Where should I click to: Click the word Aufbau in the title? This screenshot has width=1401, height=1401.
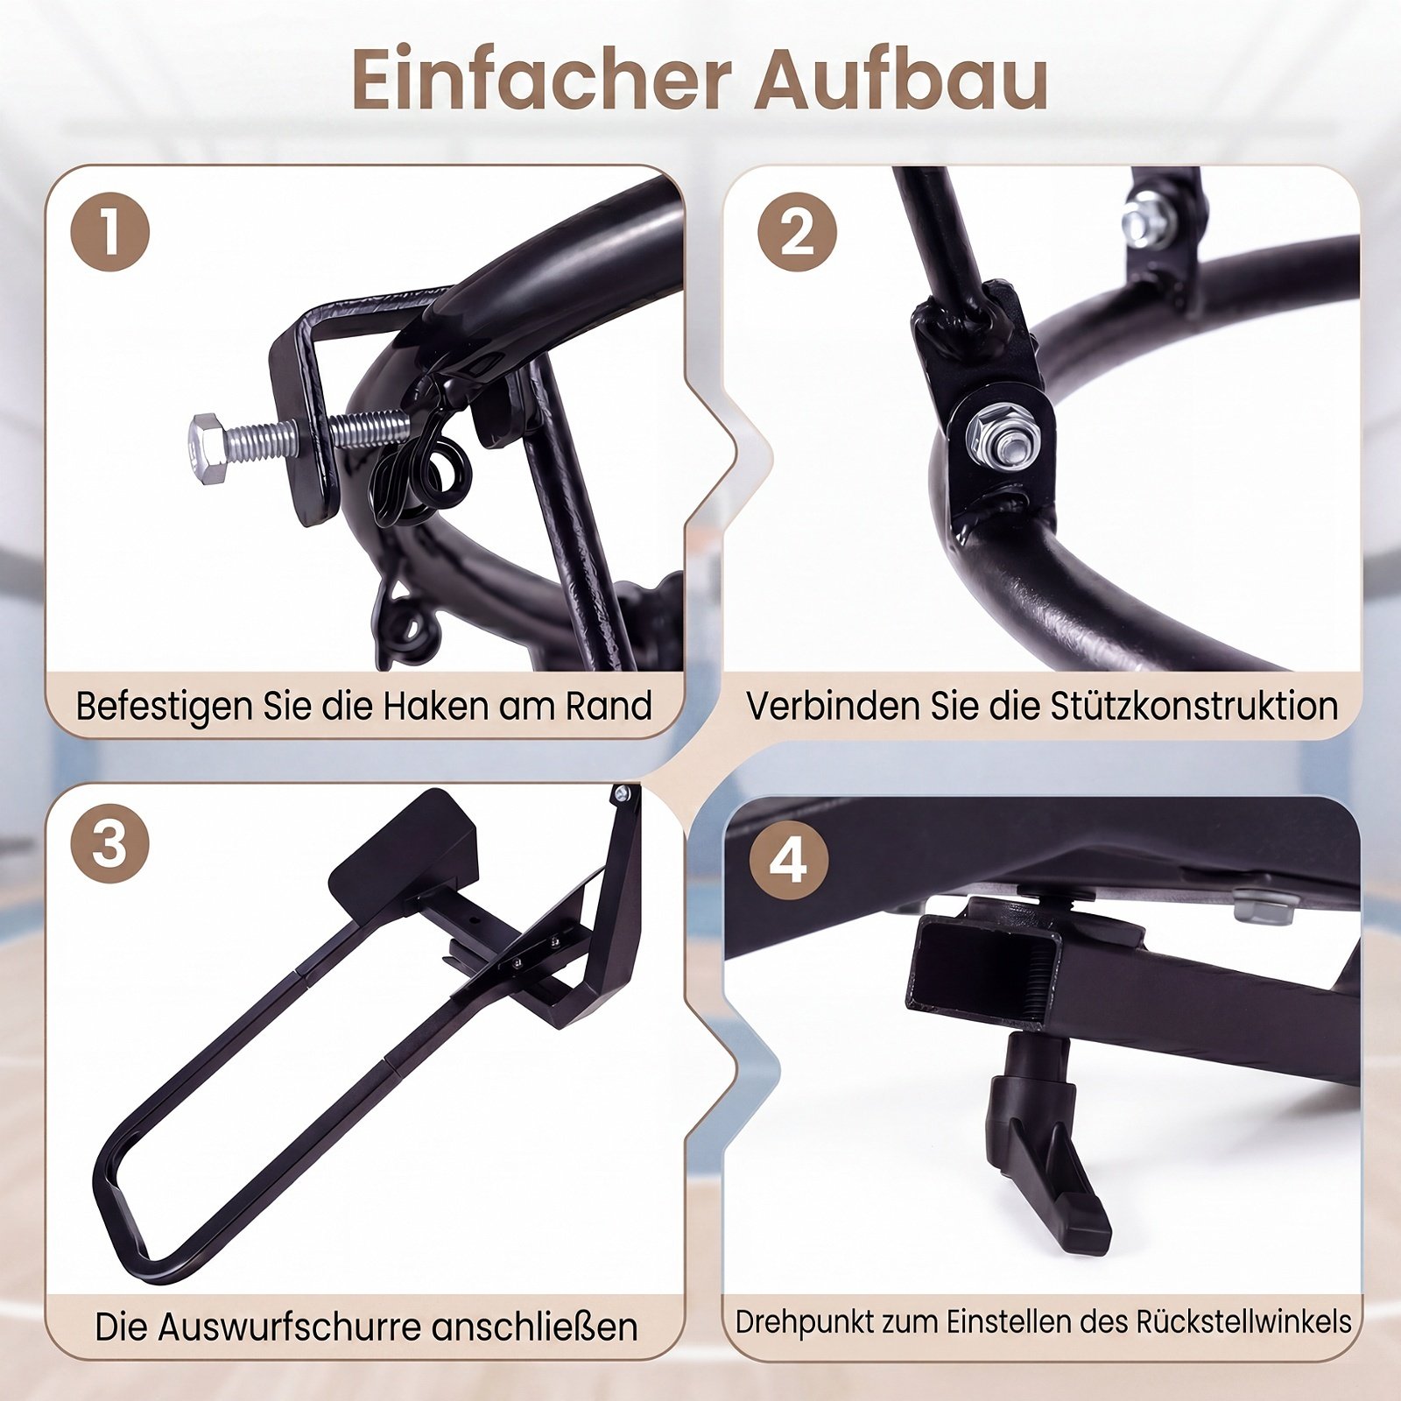[x=903, y=80]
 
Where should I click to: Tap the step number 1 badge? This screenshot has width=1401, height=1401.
[x=109, y=231]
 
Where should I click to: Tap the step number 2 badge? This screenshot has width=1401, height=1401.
[x=797, y=231]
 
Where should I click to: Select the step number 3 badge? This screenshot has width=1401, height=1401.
[x=109, y=843]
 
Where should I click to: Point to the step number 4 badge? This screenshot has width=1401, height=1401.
[x=789, y=861]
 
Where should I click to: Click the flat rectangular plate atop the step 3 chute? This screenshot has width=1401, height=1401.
[x=403, y=850]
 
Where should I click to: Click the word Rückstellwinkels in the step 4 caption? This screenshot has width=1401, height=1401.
[x=1244, y=1321]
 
